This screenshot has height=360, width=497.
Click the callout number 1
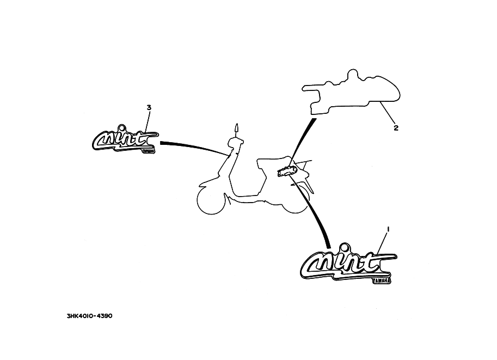(388, 229)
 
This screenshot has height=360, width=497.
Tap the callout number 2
(396, 129)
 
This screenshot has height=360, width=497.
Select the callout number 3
(149, 108)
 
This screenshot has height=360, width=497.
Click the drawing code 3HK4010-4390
(89, 316)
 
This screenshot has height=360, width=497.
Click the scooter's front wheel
(209, 203)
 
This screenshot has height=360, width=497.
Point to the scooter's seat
(272, 162)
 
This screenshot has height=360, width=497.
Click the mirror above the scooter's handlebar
(237, 129)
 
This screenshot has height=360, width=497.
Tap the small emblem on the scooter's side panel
(286, 172)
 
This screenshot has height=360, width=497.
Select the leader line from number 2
(388, 114)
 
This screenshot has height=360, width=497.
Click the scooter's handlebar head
(235, 143)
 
